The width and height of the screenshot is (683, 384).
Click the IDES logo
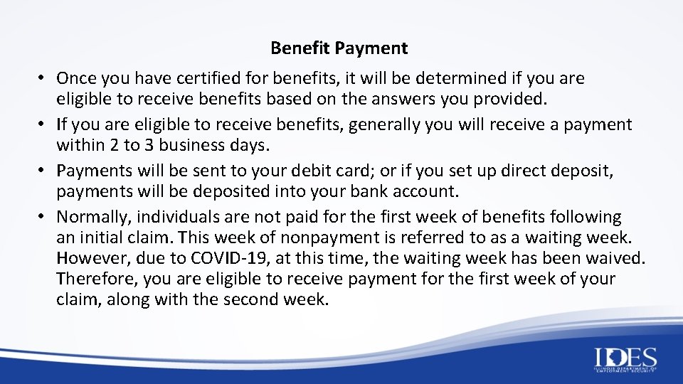625,359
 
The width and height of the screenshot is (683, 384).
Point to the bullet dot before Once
43,78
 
